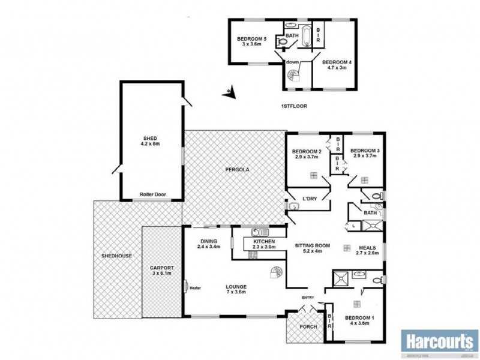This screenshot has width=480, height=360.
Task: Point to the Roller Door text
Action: click(152, 194)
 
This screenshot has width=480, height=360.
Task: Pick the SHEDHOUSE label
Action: click(116, 256)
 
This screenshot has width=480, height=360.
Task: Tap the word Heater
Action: click(194, 287)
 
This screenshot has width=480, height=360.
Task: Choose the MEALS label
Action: click(367, 247)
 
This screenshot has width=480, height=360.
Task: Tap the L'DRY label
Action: click(310, 199)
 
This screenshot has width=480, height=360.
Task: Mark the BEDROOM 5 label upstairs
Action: click(252, 40)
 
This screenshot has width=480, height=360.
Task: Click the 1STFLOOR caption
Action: click(294, 106)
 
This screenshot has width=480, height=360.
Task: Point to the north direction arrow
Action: click(229, 92)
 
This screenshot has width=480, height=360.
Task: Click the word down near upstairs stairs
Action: click(293, 62)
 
